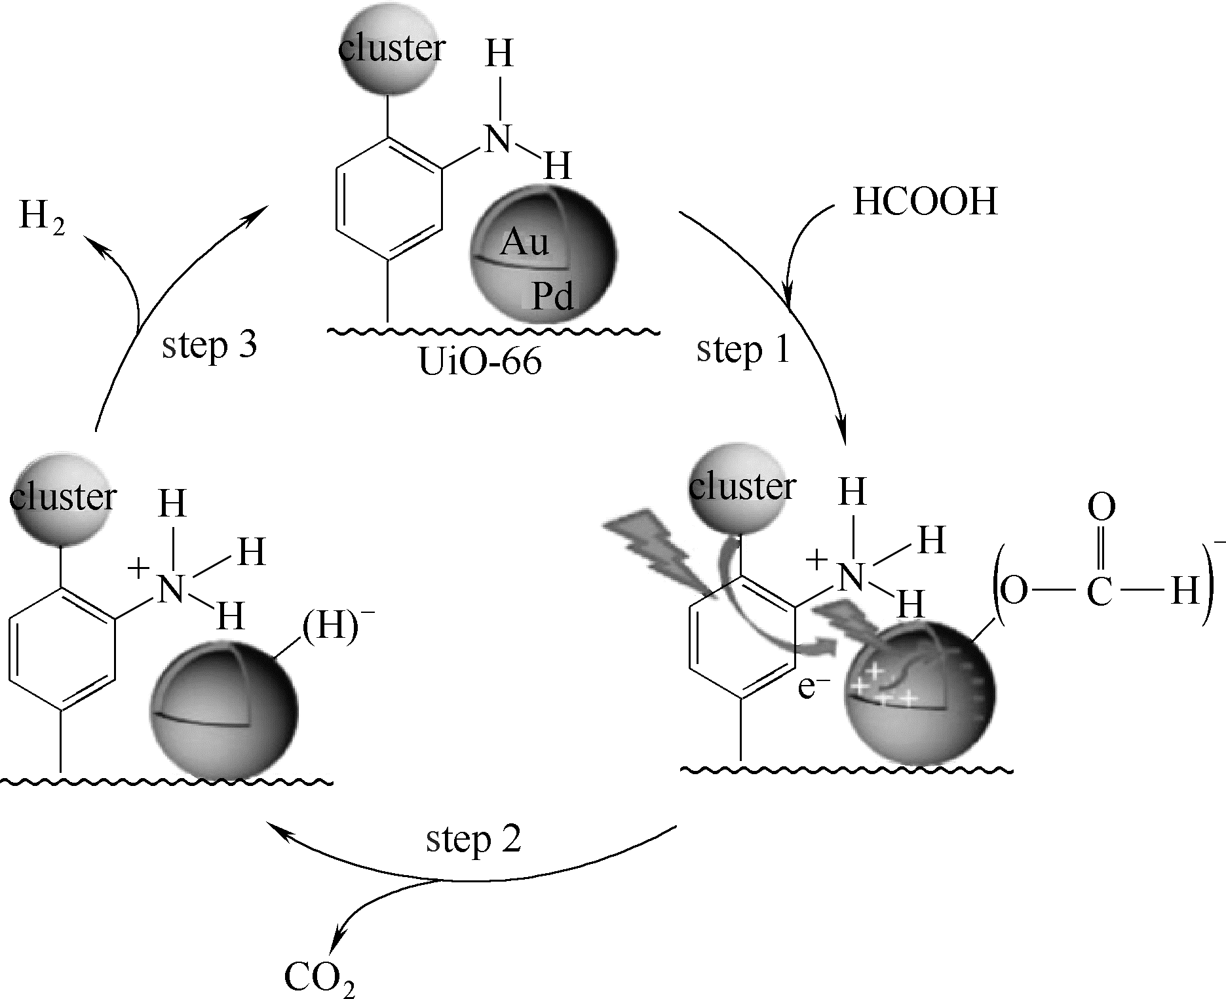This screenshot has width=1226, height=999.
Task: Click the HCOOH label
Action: click(x=925, y=201)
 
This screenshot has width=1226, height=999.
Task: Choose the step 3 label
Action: click(x=209, y=345)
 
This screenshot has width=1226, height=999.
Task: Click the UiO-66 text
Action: click(x=480, y=361)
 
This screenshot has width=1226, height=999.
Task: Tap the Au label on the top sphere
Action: click(x=524, y=243)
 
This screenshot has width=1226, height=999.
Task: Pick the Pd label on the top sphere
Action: click(x=552, y=296)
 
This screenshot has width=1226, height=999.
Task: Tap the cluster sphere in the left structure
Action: click(x=62, y=498)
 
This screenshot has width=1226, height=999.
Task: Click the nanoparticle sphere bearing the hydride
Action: click(x=223, y=711)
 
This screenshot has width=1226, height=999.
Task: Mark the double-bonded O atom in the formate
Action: click(x=1101, y=507)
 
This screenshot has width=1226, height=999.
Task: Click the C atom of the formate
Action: click(x=1100, y=592)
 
